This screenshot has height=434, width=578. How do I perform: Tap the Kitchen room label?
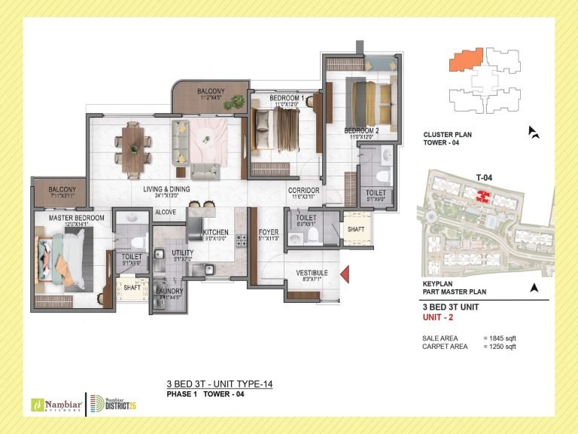[x=215, y=232]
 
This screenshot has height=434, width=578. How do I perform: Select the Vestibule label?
[x=311, y=272]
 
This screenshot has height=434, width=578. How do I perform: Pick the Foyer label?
[x=269, y=232]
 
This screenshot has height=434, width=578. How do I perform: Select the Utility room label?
[x=182, y=253]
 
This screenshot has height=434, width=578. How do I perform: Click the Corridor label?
[x=304, y=191]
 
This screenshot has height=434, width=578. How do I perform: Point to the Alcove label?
[x=166, y=212]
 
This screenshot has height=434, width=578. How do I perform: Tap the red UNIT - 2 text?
[x=440, y=318]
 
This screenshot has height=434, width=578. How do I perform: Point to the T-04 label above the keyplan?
[x=484, y=177]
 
